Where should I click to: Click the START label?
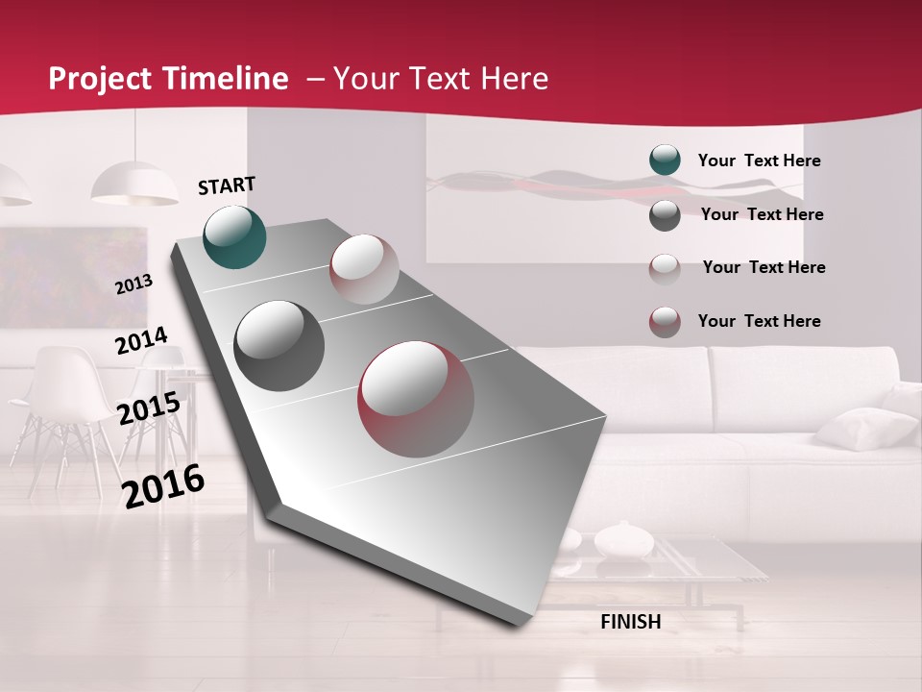(x=227, y=185)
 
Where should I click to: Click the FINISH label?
(x=630, y=622)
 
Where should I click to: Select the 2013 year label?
(x=134, y=284)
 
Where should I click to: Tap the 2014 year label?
(x=142, y=341)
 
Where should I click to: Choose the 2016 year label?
(x=163, y=486)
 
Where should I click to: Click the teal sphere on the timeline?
(x=235, y=236)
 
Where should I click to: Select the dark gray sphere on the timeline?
(x=279, y=346)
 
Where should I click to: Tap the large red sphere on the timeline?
(x=416, y=398)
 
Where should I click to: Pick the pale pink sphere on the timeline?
(x=364, y=269)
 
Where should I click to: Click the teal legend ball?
(x=665, y=161)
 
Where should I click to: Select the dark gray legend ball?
(x=665, y=215)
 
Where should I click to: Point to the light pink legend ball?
(x=665, y=268)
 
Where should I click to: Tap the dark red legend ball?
(x=665, y=322)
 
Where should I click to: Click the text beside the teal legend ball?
(x=759, y=161)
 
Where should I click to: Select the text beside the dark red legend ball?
(x=759, y=321)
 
